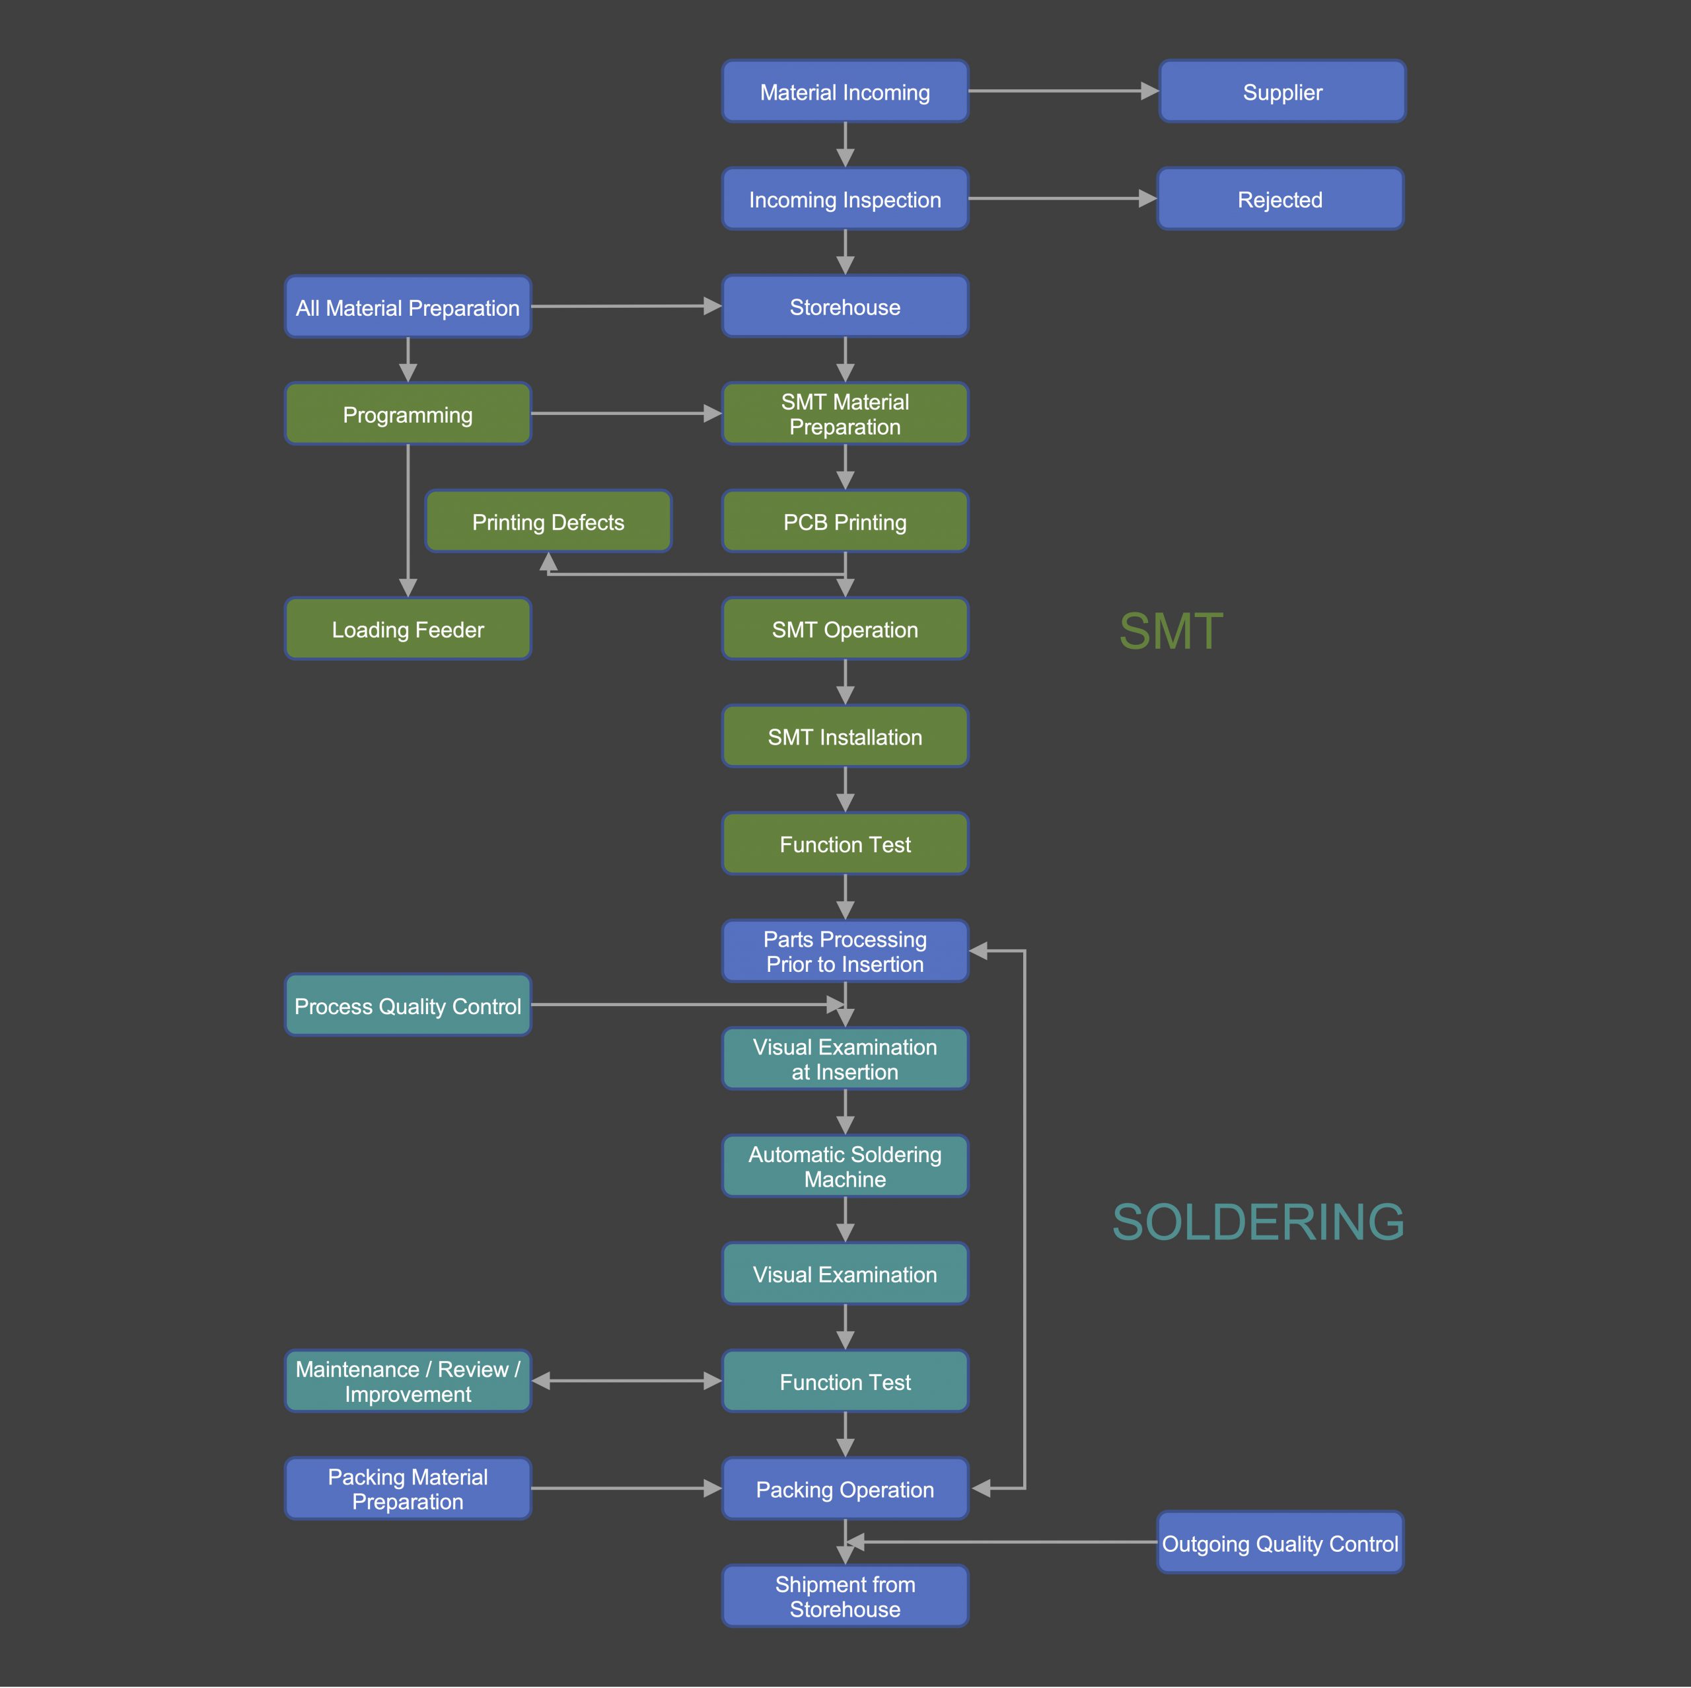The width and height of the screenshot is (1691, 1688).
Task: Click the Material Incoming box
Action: click(845, 92)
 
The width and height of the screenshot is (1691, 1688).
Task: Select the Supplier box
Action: click(1281, 92)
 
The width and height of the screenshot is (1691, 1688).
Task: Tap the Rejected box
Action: click(1279, 200)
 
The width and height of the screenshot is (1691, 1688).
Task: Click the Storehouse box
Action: click(845, 307)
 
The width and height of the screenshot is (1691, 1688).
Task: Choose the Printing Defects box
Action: click(548, 522)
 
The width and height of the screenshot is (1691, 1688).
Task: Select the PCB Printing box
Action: click(845, 522)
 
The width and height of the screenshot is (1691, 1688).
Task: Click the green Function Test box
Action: click(845, 844)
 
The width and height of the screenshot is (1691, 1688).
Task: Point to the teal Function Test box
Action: click(845, 1381)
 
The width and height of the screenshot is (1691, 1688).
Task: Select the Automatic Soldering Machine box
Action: click(845, 1166)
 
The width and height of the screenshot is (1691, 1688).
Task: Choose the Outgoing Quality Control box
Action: click(1279, 1543)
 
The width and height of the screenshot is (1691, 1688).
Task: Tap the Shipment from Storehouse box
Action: click(845, 1596)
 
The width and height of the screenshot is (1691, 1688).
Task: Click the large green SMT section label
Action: click(1170, 631)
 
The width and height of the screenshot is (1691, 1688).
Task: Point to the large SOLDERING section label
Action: click(1258, 1222)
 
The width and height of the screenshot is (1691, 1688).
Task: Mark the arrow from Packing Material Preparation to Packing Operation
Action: click(626, 1488)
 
